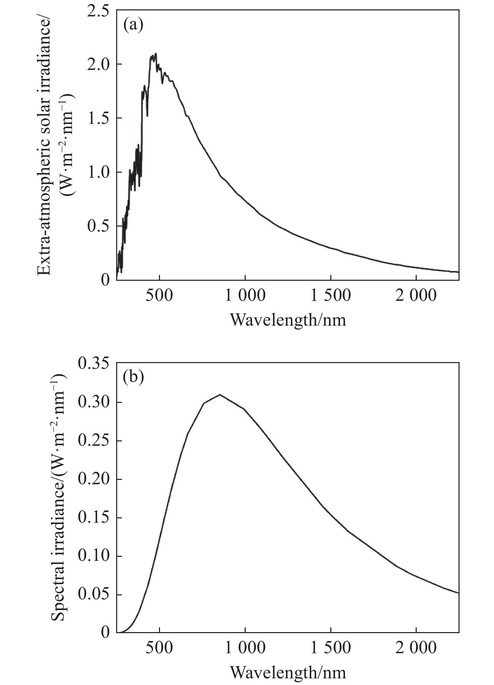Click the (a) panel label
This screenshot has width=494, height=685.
point(133,25)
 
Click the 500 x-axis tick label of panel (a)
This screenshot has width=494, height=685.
point(160,296)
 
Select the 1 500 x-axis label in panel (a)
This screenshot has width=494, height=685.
point(331,296)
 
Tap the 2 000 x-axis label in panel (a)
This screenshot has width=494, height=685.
point(416,296)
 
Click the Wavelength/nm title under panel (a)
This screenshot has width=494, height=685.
point(288,320)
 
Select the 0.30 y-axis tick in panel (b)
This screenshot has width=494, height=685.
point(94,402)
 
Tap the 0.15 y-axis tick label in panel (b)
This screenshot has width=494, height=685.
point(94,518)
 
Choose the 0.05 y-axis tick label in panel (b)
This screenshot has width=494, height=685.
point(94,595)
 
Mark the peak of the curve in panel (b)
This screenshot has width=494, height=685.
point(220,395)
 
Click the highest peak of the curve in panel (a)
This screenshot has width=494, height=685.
point(156,54)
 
